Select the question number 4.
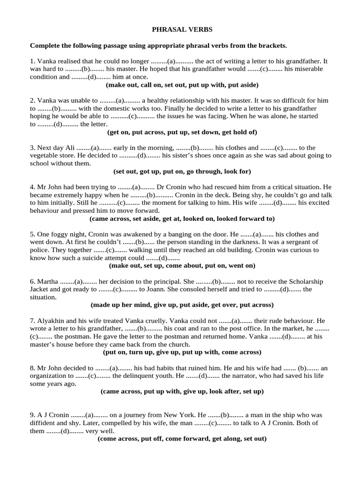(x=32, y=187)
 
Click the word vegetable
(x=45, y=155)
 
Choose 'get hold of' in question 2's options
(x=239, y=132)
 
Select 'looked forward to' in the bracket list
(x=248, y=219)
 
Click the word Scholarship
(x=299, y=281)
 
